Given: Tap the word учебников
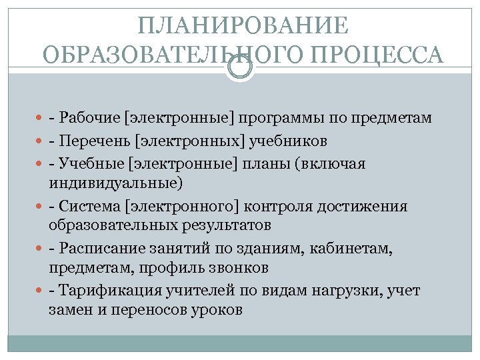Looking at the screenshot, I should [287, 141].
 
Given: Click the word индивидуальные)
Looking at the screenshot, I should [115, 183].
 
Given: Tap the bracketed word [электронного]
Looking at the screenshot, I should [195, 207].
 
